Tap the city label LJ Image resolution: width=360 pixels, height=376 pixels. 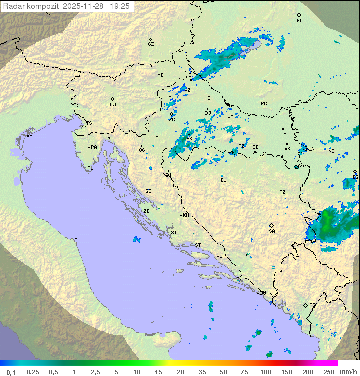(113, 104)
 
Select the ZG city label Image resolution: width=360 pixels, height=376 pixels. (172, 119)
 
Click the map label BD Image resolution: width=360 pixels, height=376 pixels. (299, 21)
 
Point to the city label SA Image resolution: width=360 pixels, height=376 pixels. (272, 231)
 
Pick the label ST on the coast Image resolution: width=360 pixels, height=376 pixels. (198, 245)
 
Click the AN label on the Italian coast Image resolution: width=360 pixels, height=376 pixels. (77, 240)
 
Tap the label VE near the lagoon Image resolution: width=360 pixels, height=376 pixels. (29, 136)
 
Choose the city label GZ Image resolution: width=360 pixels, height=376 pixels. (151, 44)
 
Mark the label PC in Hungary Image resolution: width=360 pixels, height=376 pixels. (264, 104)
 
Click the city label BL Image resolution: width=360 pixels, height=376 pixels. (223, 180)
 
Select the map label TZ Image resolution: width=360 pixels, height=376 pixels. (283, 192)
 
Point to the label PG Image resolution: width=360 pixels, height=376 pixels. (312, 305)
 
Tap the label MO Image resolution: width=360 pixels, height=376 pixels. (251, 255)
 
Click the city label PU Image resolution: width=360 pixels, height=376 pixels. (90, 168)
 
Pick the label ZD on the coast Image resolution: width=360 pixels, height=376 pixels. (146, 211)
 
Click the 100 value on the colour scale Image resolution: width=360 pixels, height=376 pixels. (265, 372)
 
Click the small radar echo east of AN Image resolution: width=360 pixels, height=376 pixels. (137, 239)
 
